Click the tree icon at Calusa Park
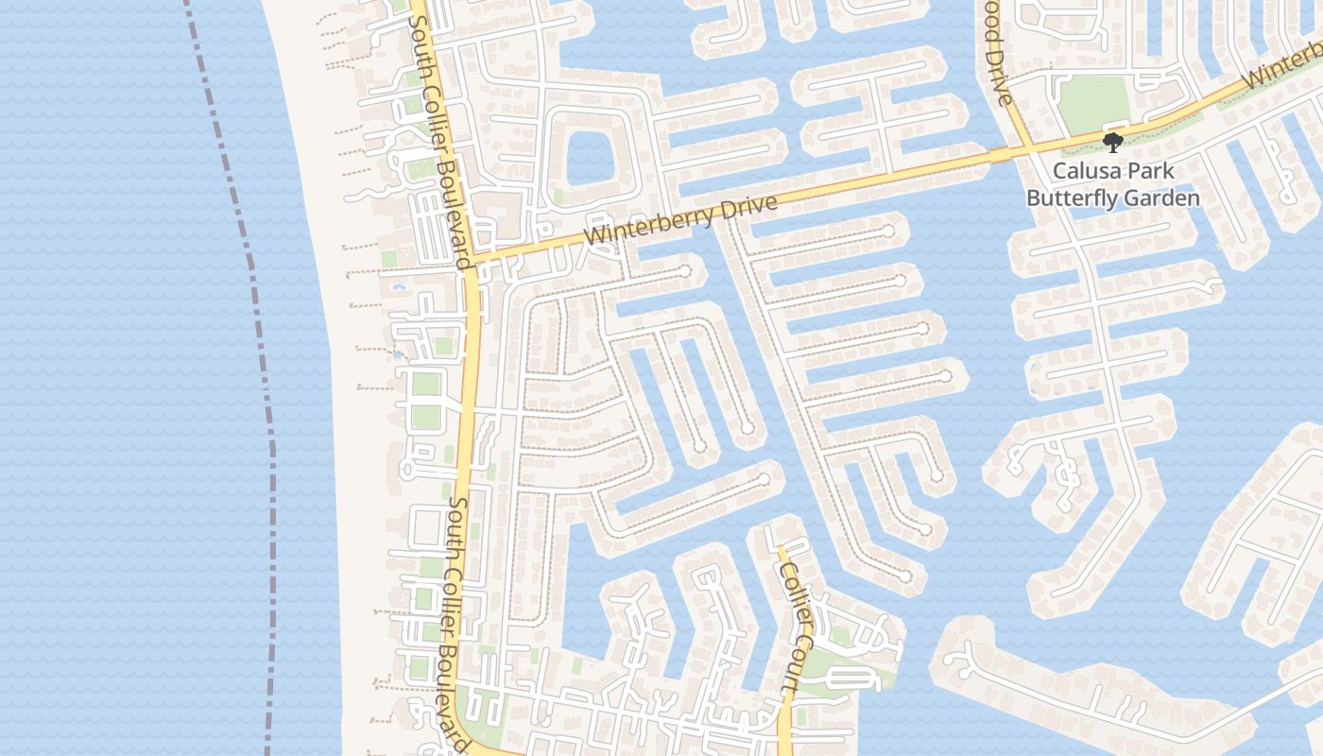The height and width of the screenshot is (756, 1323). [1113, 143]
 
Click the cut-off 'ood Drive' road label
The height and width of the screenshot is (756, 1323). [998, 53]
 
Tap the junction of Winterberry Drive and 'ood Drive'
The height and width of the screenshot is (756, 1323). [1023, 148]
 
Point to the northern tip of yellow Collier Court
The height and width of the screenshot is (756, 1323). [780, 547]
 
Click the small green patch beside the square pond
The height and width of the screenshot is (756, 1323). [558, 197]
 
